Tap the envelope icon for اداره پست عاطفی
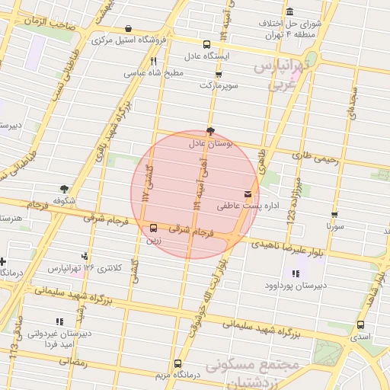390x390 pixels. [x=248, y=195]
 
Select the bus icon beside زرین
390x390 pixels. [x=154, y=228]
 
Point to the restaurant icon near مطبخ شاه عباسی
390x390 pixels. [x=153, y=62]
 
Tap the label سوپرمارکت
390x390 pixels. [x=219, y=85]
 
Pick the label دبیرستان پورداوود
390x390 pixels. [x=295, y=286]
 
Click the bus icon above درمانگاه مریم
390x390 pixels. [x=177, y=363]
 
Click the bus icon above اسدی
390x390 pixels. [x=360, y=324]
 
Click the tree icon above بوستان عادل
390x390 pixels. [x=211, y=131]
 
